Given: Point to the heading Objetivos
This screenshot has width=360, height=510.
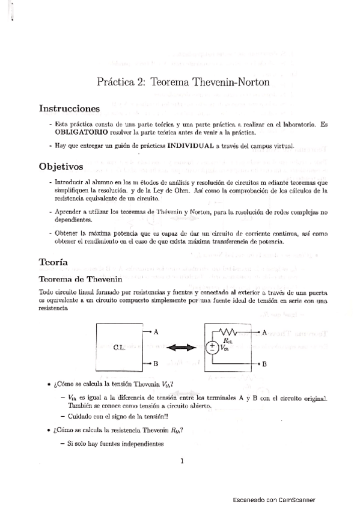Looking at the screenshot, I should coord(61,165).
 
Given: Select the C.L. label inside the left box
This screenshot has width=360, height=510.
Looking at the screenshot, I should coord(119,348).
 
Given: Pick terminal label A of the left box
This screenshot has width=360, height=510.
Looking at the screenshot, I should coord(156,331).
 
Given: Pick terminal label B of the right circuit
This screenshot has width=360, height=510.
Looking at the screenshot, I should coord(264,364).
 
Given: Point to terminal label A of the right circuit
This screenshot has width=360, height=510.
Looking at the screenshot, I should coord(264,331).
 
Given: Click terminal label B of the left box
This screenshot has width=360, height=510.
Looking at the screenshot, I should coord(156,364).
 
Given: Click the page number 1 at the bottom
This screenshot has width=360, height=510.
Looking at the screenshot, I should coord(182,461).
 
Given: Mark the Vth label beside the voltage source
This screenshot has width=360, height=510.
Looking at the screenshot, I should coord(224,348).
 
